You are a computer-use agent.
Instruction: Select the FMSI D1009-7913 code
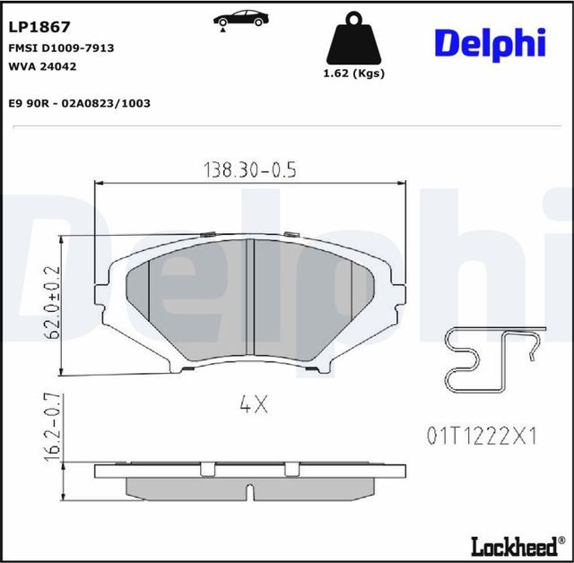tap(61, 48)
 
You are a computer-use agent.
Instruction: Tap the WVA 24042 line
tap(43, 65)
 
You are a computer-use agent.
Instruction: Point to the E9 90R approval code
tap(79, 103)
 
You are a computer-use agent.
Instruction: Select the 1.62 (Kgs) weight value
tap(353, 74)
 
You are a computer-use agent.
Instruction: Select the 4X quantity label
tap(253, 405)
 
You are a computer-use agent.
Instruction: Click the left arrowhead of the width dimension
tap(100, 183)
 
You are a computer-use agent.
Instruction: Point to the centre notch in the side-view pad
tap(252, 490)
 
